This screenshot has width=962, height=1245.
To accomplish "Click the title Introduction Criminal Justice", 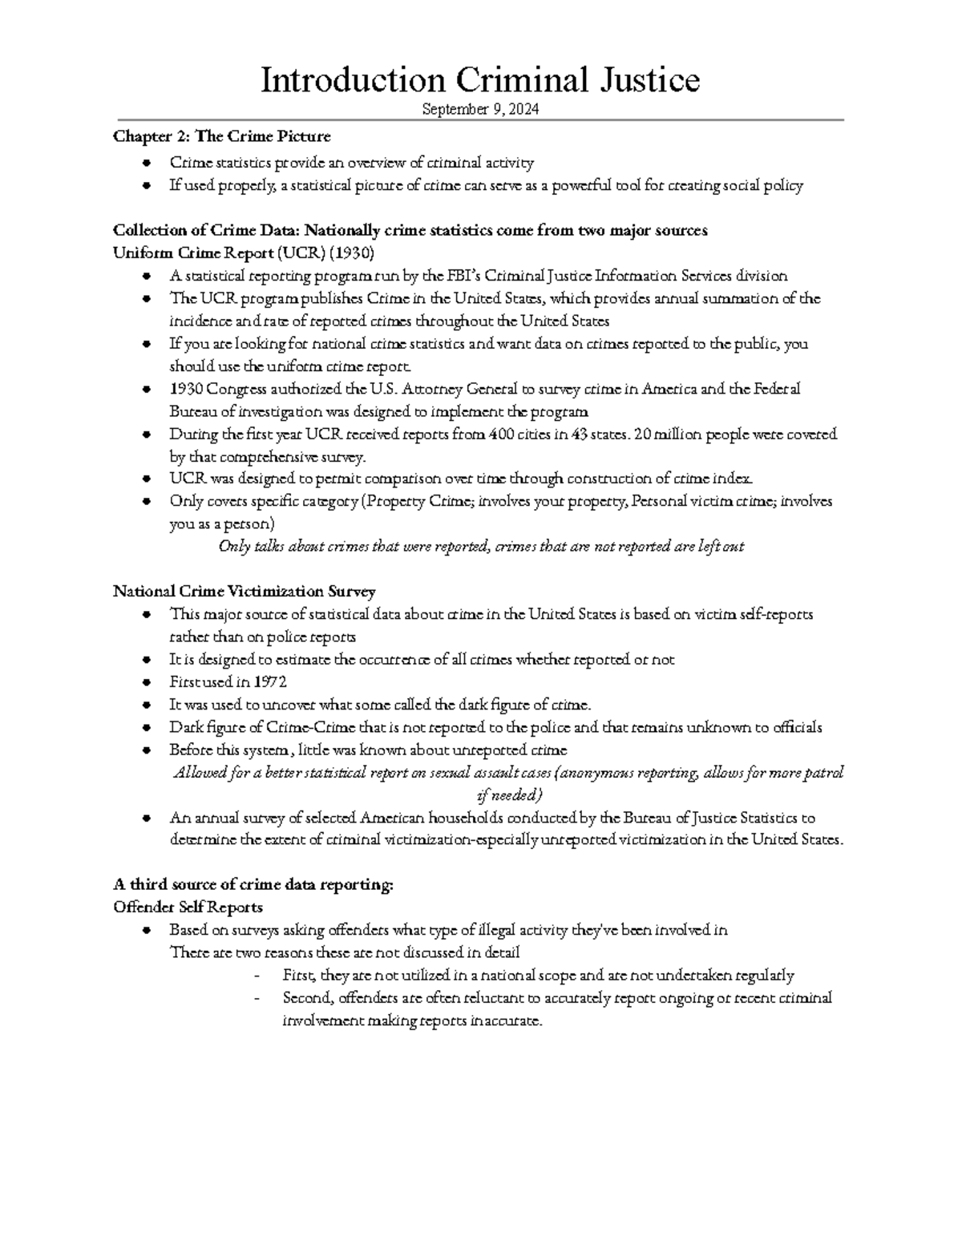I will point(480,80).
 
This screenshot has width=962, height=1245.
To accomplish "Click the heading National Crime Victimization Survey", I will point(244,592).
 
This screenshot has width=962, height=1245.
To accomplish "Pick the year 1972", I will point(270,682).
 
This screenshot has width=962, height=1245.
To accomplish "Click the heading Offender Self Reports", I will point(188,907).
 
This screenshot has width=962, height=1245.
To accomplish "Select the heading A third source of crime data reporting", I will point(253,885).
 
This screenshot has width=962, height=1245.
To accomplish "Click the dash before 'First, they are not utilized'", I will point(257,976).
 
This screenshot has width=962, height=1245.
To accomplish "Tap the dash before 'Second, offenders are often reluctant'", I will point(257,999).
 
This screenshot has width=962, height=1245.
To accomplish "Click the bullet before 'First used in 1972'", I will point(145,683).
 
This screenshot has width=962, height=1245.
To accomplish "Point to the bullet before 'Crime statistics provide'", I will point(145,164).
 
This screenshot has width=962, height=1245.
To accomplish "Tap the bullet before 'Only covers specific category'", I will point(145,502).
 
